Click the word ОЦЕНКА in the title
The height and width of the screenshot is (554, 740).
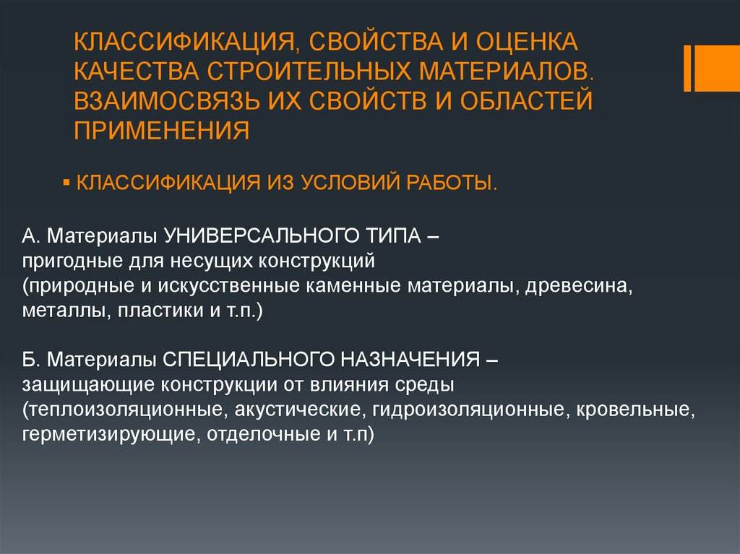pos(526,41)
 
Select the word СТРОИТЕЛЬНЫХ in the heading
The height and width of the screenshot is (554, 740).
pos(309,72)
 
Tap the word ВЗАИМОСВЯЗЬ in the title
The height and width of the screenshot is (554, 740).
pos(167,101)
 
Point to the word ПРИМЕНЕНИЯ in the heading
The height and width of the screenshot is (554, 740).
pos(161,131)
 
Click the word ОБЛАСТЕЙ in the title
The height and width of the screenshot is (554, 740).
pos(526,101)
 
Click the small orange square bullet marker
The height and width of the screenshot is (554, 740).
pos(66,182)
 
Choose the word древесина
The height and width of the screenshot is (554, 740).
pos(578,286)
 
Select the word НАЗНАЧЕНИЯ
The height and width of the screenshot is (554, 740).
pos(410,360)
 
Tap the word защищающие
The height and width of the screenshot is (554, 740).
pos(88,385)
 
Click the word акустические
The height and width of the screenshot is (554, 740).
pos(299,410)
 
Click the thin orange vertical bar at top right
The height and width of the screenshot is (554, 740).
pos(688,68)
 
